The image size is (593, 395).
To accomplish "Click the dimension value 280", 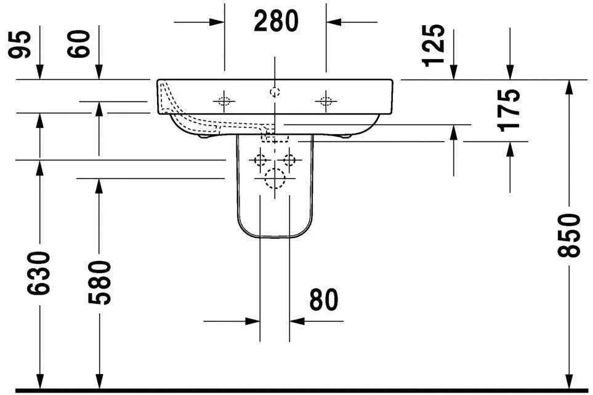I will tap(275, 22).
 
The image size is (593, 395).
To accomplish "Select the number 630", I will tap(40, 273).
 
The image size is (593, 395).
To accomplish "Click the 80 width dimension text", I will tap(323, 300).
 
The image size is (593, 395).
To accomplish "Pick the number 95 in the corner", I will tap(22, 45).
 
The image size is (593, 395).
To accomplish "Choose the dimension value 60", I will tap(83, 45).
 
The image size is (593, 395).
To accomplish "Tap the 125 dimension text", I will tap(434, 45).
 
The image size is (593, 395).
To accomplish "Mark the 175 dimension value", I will tap(510, 109).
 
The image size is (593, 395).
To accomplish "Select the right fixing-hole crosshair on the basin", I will tap(325, 100).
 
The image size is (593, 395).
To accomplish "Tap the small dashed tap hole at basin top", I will tap(275, 92).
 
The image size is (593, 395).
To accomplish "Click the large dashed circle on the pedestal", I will tap(275, 178).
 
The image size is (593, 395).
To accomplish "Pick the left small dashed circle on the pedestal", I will tap(260, 161).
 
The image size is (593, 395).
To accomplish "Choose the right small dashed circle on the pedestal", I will tap(289, 161).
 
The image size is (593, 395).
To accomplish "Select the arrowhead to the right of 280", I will tap(333, 22).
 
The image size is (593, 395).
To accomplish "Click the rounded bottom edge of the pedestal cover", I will tap(275, 237).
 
